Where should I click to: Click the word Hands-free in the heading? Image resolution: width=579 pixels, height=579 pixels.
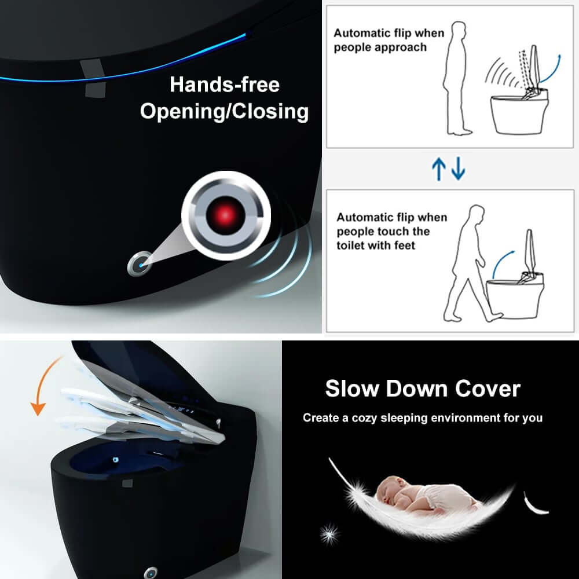tap(224, 85)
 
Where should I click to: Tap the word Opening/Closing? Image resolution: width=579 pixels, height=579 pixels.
tap(224, 111)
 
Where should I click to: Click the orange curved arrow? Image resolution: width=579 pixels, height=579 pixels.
tap(44, 385)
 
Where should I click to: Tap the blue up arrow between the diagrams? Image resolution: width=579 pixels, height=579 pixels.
tap(439, 168)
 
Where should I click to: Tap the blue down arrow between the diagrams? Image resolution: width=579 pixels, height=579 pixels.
tap(458, 168)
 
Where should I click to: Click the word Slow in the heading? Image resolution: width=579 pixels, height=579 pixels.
tap(351, 389)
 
